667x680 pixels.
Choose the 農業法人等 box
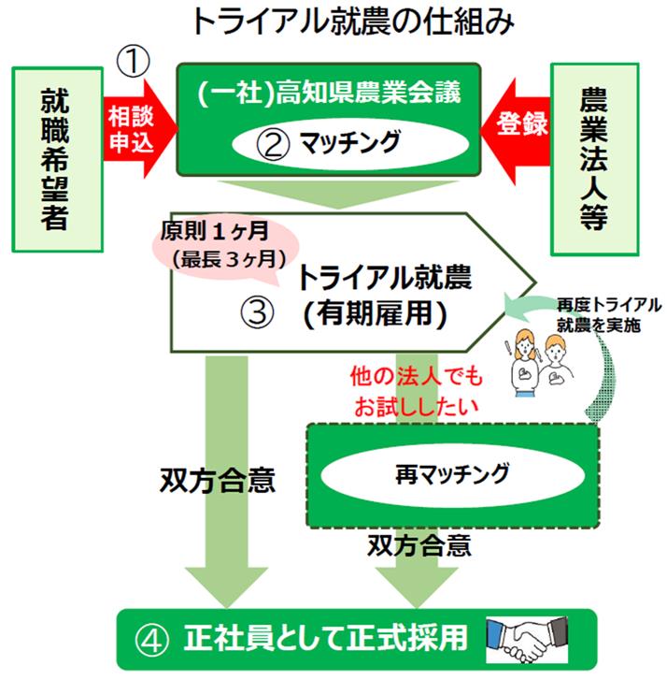coord(593,158)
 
